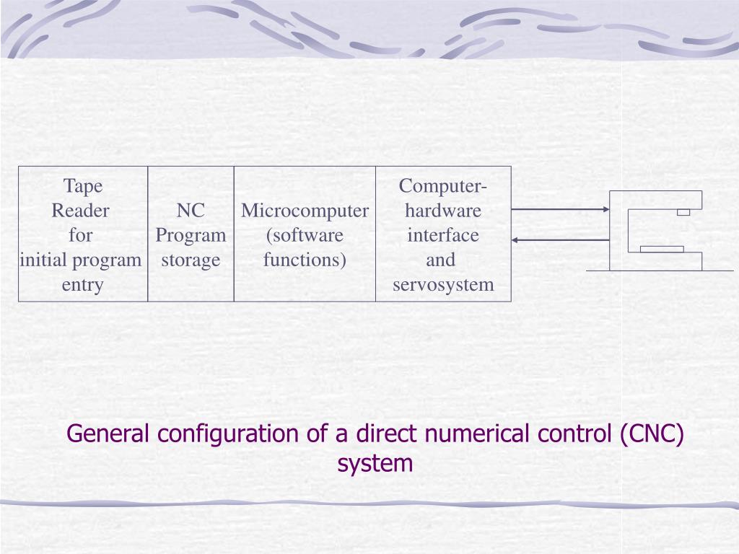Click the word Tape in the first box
(83, 186)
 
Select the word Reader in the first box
(81, 211)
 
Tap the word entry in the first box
(82, 284)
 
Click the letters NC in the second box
(191, 211)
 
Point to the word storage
(191, 260)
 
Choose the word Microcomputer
(305, 211)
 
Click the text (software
(305, 235)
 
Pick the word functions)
(305, 260)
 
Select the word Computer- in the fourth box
(443, 186)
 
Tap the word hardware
(443, 211)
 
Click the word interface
(443, 235)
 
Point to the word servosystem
(443, 284)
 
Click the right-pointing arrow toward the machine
(560, 210)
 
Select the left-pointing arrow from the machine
(560, 239)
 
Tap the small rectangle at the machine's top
(683, 212)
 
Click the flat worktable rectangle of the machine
(662, 249)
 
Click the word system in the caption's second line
(375, 463)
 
